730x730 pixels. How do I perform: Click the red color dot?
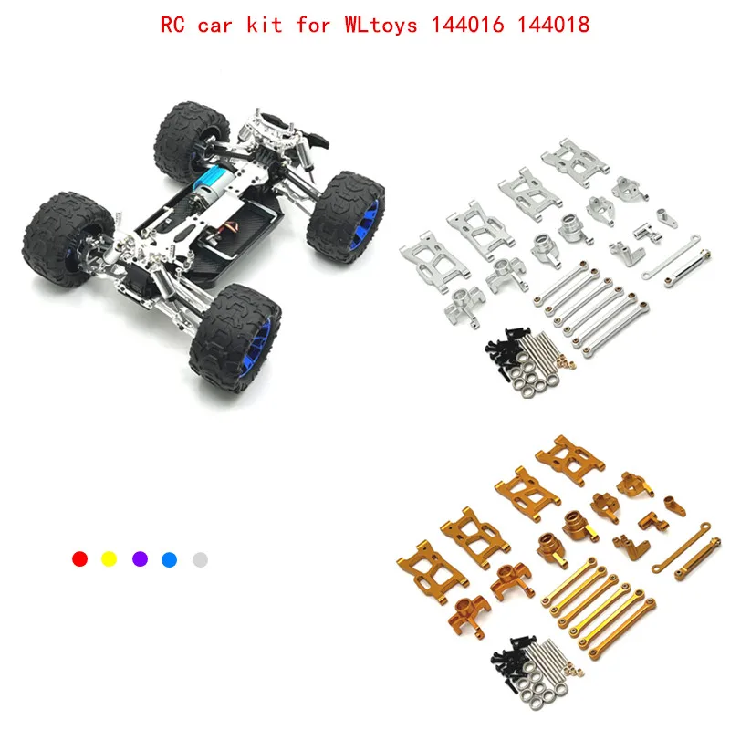pos(79,558)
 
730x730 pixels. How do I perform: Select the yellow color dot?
pos(109,558)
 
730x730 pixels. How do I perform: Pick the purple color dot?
pos(140,558)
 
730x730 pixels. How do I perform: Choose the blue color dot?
pos(170,558)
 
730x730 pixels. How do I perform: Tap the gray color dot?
pos(201,558)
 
